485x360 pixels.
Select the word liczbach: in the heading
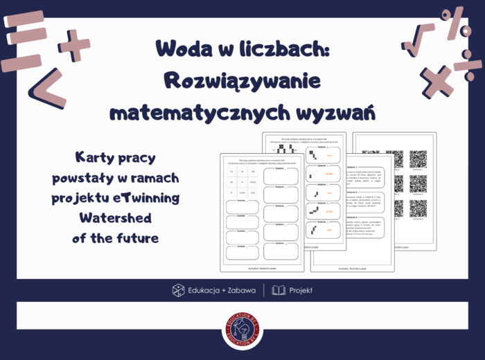coord(277,48)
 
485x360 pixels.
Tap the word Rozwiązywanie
coord(242,80)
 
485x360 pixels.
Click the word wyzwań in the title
coord(332,111)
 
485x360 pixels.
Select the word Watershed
coord(115,218)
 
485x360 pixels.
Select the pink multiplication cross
coord(435,80)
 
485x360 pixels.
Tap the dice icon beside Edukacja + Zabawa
coord(178,290)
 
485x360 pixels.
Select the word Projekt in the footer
coord(301,290)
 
